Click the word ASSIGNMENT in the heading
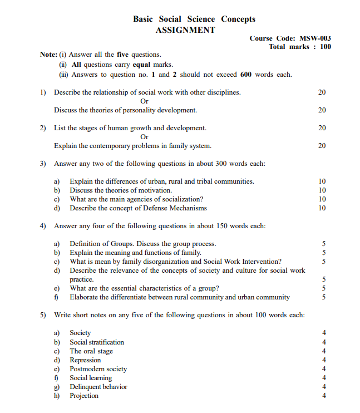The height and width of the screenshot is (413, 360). click(x=185, y=30)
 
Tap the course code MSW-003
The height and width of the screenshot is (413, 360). click(x=315, y=38)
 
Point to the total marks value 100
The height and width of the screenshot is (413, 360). click(x=325, y=47)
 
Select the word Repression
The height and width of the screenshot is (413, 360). click(x=85, y=360)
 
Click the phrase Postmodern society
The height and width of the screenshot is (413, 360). click(x=98, y=369)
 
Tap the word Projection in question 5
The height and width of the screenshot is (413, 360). click(x=84, y=396)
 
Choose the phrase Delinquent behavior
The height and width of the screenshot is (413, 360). click(x=98, y=387)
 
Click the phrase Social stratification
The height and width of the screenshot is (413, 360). click(x=97, y=342)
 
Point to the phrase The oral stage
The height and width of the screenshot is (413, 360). click(x=91, y=351)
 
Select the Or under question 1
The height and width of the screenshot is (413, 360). click(x=145, y=101)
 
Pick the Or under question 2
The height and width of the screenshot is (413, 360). click(x=145, y=137)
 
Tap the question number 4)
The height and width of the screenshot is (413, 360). click(x=43, y=226)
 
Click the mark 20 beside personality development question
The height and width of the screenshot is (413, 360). click(x=322, y=110)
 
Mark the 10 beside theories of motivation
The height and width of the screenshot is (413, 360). click(x=322, y=190)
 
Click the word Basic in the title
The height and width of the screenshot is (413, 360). click(x=144, y=19)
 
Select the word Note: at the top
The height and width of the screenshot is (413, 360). click(x=48, y=55)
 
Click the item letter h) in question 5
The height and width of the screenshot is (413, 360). click(x=57, y=396)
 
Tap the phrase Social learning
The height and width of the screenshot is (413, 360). click(x=91, y=378)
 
